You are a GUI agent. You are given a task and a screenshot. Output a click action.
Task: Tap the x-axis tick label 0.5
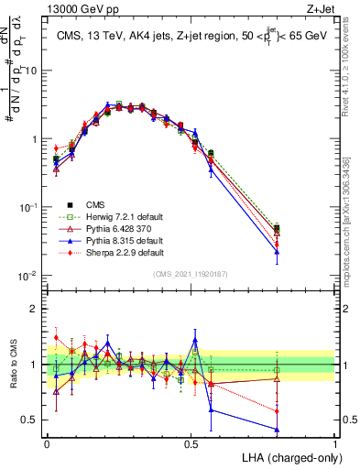[191, 442]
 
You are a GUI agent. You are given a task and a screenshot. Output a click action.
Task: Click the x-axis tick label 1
[334, 442]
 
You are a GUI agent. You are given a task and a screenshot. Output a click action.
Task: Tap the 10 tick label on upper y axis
[31, 70]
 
